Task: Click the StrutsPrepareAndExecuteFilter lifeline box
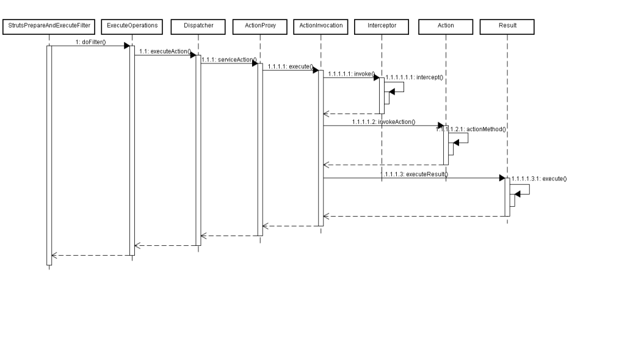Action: pos(49,27)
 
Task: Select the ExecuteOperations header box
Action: pos(132,27)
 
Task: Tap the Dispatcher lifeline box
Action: pos(198,27)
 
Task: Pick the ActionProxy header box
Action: pos(260,27)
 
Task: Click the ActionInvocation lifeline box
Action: pos(321,27)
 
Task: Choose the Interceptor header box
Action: pos(382,27)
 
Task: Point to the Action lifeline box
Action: pos(446,27)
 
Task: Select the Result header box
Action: pos(507,27)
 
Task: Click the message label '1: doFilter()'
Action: pos(91,42)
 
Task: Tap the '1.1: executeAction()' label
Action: pos(165,51)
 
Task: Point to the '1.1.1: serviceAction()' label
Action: pos(229,60)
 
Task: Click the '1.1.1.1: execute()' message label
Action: pos(291,67)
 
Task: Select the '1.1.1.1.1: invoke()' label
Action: pos(352,74)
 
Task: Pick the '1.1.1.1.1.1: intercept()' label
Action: pos(414,77)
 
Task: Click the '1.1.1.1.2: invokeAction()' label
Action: pos(383,122)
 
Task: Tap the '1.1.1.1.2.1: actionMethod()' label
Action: pos(471,129)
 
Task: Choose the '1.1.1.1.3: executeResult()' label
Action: pos(414,175)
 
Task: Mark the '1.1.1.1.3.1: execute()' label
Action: pos(539,179)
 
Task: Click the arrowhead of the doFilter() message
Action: pos(127,46)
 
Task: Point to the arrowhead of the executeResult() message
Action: pos(502,178)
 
